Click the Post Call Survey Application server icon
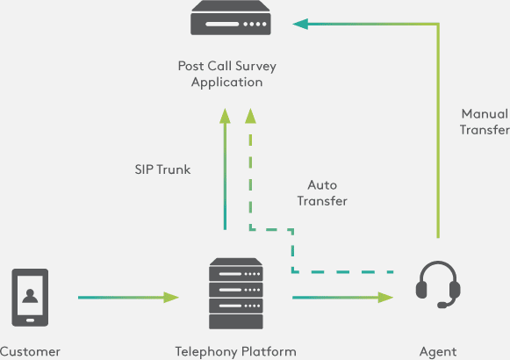(231, 18)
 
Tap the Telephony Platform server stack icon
(236, 293)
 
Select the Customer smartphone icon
(30, 298)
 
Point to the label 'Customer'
(30, 352)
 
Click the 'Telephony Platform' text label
(236, 352)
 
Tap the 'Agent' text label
(438, 352)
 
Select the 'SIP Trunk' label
(162, 169)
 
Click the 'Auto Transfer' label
(322, 193)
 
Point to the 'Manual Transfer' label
(485, 122)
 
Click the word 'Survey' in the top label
(255, 67)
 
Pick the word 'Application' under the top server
(227, 83)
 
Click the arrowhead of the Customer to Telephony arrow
(171, 298)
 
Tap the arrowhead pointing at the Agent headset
(385, 298)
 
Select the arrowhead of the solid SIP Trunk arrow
(225, 116)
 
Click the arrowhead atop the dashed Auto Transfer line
(250, 116)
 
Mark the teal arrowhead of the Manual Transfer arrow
(300, 24)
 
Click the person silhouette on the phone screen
(30, 296)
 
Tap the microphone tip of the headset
(442, 306)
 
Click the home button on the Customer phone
(30, 320)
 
